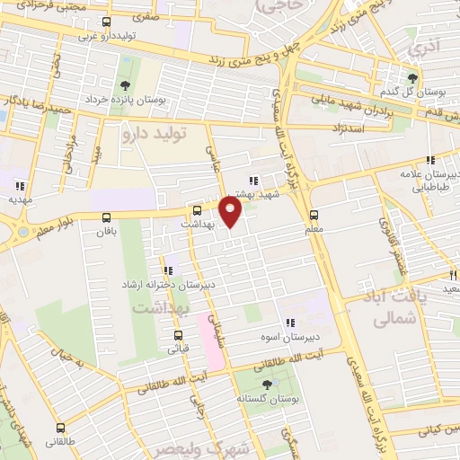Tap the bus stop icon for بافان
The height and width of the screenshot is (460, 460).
[x=107, y=217]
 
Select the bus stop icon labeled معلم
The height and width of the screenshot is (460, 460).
[x=314, y=216]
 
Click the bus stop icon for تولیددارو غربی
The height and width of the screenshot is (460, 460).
[x=107, y=22]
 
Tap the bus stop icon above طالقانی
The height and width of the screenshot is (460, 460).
[x=60, y=428]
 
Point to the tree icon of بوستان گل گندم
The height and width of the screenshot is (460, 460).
[x=413, y=78]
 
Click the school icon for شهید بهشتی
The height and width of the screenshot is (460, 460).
[x=253, y=179]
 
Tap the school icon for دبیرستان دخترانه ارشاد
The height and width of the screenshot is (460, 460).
[x=166, y=270]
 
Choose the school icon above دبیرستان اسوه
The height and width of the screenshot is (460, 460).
[x=289, y=323]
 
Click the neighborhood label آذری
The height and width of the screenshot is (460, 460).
[x=421, y=46]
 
